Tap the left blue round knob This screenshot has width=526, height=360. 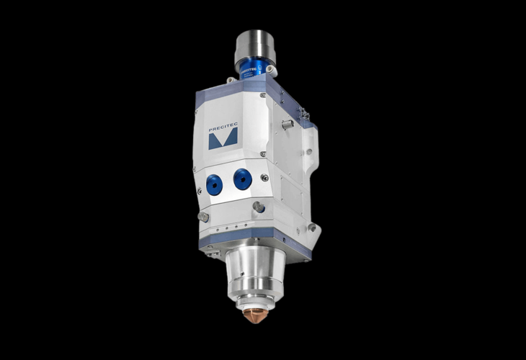click(x=214, y=184)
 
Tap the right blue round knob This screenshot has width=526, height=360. click(x=243, y=178)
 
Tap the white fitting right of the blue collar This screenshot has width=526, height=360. click(x=270, y=70)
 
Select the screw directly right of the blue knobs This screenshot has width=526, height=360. click(x=265, y=177)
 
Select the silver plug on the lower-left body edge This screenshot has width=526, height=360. click(x=204, y=217)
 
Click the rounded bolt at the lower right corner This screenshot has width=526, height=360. click(x=311, y=228)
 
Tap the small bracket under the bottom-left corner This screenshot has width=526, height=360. click(x=210, y=253)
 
